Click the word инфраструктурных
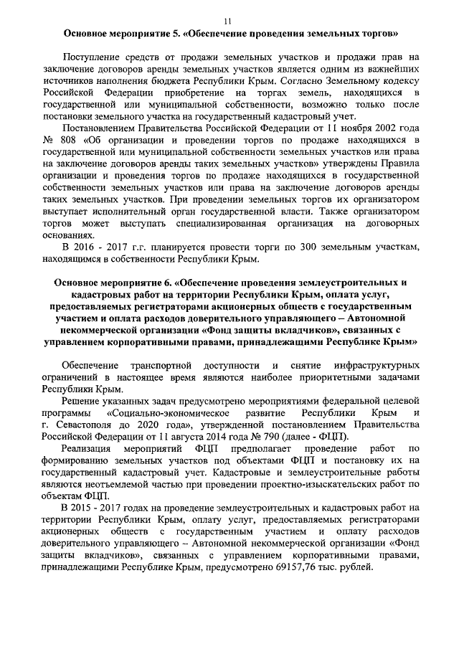click(x=374, y=367)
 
